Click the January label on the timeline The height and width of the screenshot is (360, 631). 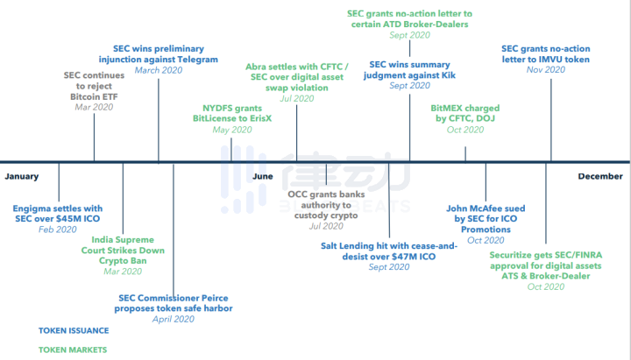pos(22,176)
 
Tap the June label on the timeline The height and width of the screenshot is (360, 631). pos(263,176)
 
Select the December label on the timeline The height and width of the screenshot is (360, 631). pos(600,176)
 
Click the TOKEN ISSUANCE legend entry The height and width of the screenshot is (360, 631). pos(74,331)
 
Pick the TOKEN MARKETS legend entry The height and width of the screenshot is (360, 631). pos(73,349)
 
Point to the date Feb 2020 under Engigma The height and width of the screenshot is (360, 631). pos(58,229)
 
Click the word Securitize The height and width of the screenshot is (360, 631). pos(519,254)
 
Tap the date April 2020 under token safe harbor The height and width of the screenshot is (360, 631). pos(175,320)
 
